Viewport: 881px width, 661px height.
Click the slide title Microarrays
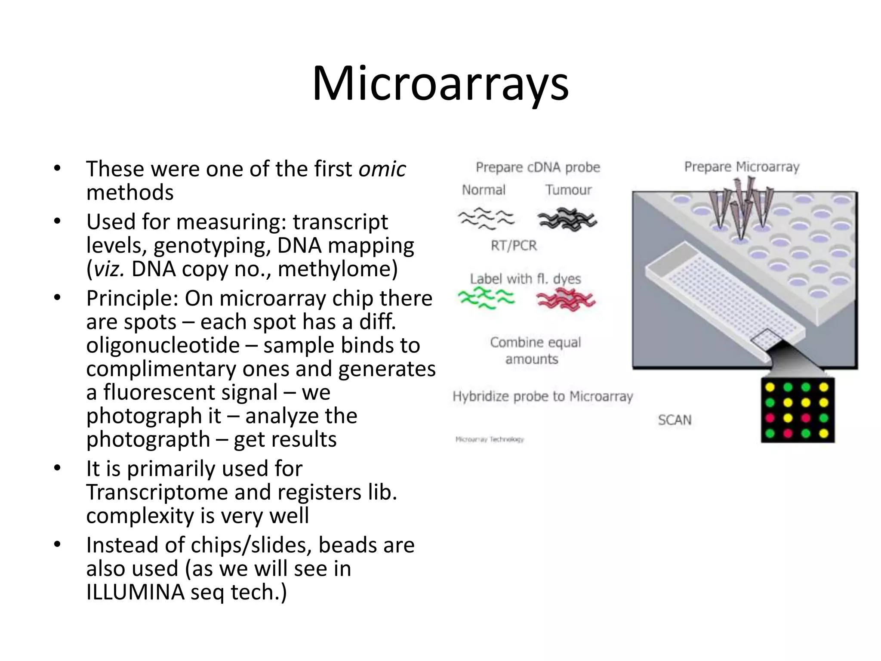point(440,84)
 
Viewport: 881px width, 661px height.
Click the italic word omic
point(382,169)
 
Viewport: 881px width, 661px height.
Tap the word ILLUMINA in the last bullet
point(135,592)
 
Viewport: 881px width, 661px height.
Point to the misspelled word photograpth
point(148,440)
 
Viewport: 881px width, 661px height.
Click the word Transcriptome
point(157,492)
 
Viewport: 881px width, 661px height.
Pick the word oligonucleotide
point(163,346)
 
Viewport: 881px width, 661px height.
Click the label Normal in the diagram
point(484,190)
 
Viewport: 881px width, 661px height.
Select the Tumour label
point(568,190)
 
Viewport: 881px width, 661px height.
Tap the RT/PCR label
point(514,246)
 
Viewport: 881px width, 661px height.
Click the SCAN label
point(675,420)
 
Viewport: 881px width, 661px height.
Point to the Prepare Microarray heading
point(742,167)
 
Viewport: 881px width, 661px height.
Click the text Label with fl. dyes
point(525,279)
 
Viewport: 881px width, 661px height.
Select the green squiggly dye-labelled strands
point(486,299)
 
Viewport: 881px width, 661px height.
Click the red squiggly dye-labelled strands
point(566,300)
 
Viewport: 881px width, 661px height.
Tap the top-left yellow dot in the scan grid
point(770,387)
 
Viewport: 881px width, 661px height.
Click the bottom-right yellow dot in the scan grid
point(824,433)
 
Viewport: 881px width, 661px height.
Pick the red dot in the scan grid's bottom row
point(788,433)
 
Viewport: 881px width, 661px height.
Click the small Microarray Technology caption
point(490,439)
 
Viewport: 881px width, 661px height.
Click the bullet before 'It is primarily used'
point(58,468)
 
